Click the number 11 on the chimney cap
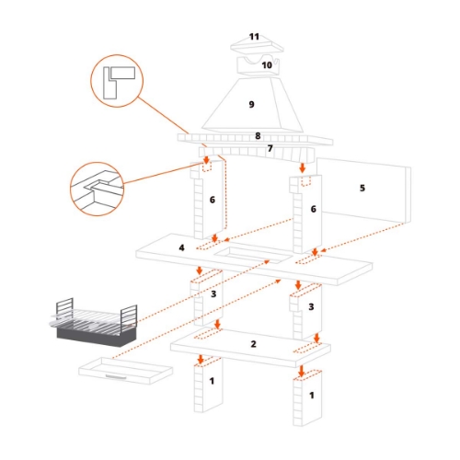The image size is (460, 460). (x=255, y=37)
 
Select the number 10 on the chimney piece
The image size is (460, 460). (x=267, y=65)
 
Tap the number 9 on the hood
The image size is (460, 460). (x=250, y=105)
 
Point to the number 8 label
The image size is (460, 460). (x=259, y=136)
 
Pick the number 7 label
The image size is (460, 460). (x=270, y=148)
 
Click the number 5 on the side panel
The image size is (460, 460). (x=362, y=188)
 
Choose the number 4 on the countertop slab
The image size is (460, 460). (x=182, y=247)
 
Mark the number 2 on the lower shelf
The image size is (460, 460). (x=253, y=343)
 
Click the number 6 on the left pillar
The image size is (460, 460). (x=212, y=200)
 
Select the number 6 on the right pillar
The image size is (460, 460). (x=314, y=210)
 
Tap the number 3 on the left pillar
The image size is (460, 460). (x=213, y=293)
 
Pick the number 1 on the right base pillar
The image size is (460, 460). (x=314, y=394)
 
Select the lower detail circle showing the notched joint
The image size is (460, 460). (x=97, y=190)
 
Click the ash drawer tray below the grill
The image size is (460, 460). (x=125, y=371)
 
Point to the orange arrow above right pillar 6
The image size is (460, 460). (x=304, y=168)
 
